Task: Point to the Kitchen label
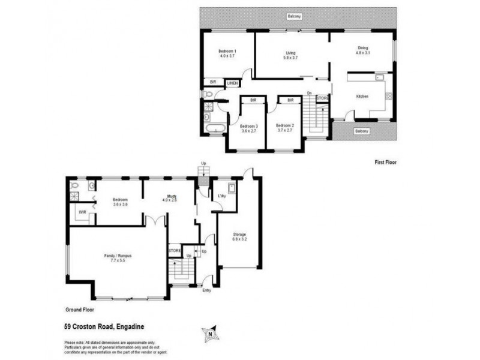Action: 362,96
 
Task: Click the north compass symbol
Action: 210,334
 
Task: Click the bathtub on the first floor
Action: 215,128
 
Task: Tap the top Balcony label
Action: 294,16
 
